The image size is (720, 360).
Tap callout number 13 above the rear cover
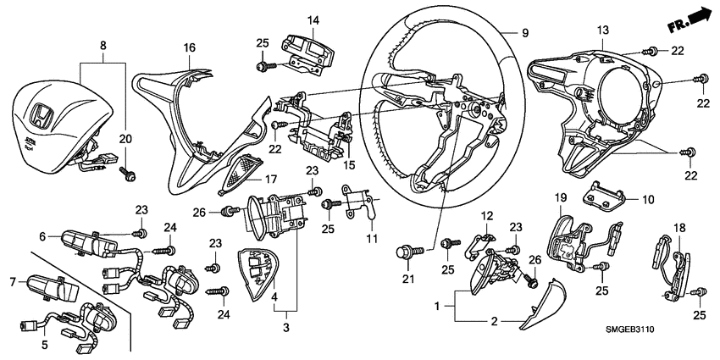point(602,30)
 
